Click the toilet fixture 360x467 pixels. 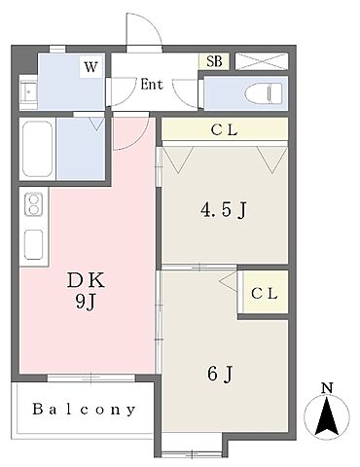(263, 93)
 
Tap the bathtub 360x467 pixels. (37, 149)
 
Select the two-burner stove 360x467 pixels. (34, 205)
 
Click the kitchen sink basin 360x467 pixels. (34, 244)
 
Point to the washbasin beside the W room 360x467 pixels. (28, 92)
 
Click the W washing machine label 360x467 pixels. (90, 67)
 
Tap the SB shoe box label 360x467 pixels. (214, 61)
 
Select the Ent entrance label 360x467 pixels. (152, 85)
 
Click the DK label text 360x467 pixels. (86, 280)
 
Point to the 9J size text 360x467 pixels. (86, 304)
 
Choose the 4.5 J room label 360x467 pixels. (224, 210)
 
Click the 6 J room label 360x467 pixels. (220, 374)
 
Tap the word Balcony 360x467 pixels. (84, 410)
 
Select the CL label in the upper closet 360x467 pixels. (225, 130)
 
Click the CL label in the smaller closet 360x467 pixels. (265, 294)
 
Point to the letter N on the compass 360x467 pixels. (328, 388)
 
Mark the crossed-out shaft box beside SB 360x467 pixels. (262, 61)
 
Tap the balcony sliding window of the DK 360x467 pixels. (91, 377)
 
